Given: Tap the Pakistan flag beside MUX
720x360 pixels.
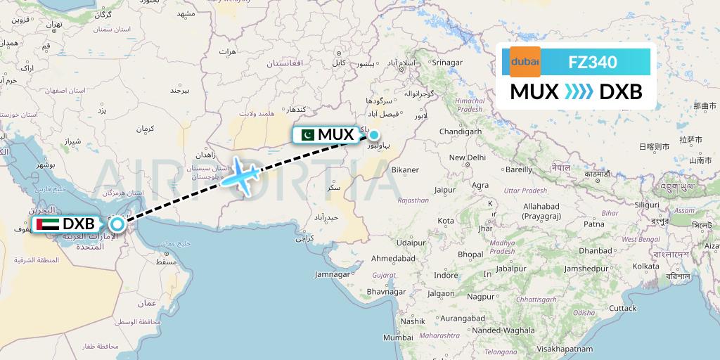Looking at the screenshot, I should [307, 134].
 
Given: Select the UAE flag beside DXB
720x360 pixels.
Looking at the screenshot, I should [50, 224].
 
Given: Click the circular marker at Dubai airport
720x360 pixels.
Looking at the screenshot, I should [117, 224].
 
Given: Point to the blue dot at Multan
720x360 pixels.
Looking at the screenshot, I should [374, 136].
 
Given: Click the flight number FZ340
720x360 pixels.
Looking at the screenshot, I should [593, 63].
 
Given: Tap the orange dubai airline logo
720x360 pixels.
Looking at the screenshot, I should [525, 63].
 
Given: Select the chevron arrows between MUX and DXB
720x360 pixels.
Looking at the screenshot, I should [579, 91].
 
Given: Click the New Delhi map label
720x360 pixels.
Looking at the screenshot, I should [468, 158].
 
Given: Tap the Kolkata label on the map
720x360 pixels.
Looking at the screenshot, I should [645, 266].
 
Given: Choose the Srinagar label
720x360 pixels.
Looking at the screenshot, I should [447, 63].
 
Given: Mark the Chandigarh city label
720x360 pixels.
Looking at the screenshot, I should [459, 131].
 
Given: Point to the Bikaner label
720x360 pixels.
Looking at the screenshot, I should [405, 169].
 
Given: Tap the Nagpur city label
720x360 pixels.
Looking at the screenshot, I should [481, 297].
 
